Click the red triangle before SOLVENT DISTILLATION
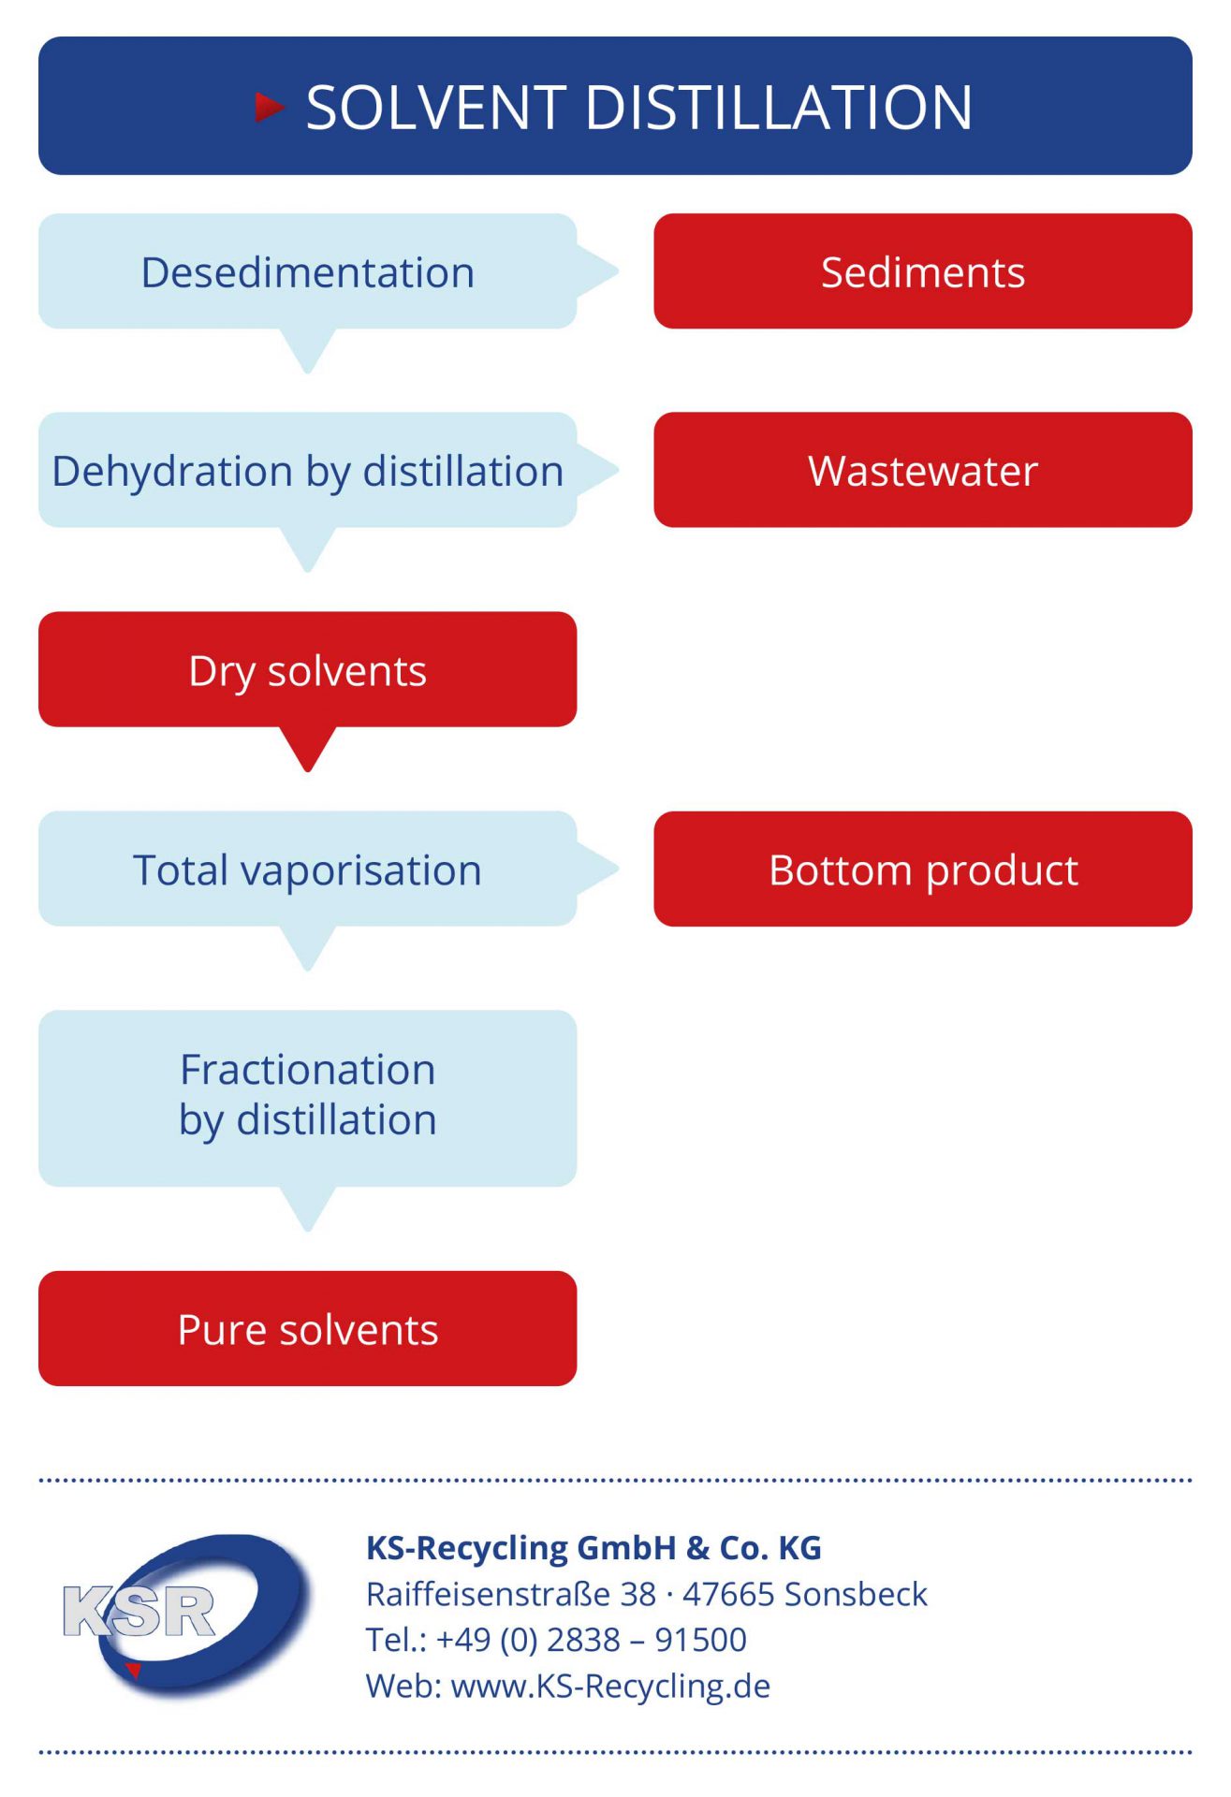click(270, 107)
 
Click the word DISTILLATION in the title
click(779, 107)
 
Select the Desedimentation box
click(308, 271)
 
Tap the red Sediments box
click(923, 271)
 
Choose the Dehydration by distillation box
click(308, 470)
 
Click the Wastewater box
click(923, 470)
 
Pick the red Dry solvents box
click(308, 669)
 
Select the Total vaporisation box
click(308, 869)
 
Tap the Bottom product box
click(923, 869)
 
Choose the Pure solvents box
click(308, 1328)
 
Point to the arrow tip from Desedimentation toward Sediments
click(619, 271)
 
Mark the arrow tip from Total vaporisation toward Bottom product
click(619, 869)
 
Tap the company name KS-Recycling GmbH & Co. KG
click(594, 1547)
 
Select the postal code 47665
click(728, 1593)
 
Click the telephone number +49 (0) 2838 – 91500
click(592, 1640)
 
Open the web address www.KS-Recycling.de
click(610, 1686)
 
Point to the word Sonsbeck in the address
click(856, 1593)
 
